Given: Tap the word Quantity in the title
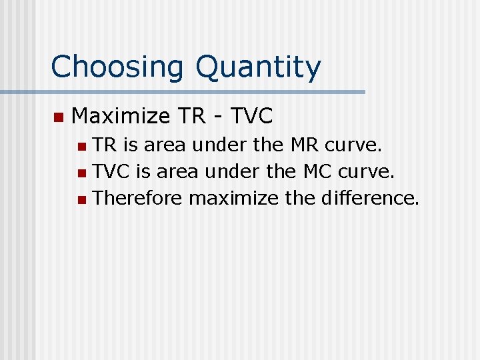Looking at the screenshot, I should pyautogui.click(x=258, y=67).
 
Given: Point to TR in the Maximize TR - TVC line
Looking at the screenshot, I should pyautogui.click(x=191, y=117).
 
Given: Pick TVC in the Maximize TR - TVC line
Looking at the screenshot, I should pyautogui.click(x=251, y=117).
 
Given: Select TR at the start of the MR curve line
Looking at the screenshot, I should pyautogui.click(x=103, y=145).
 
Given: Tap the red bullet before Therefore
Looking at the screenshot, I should pyautogui.click(x=81, y=199).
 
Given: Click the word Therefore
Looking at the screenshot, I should pyautogui.click(x=138, y=198).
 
